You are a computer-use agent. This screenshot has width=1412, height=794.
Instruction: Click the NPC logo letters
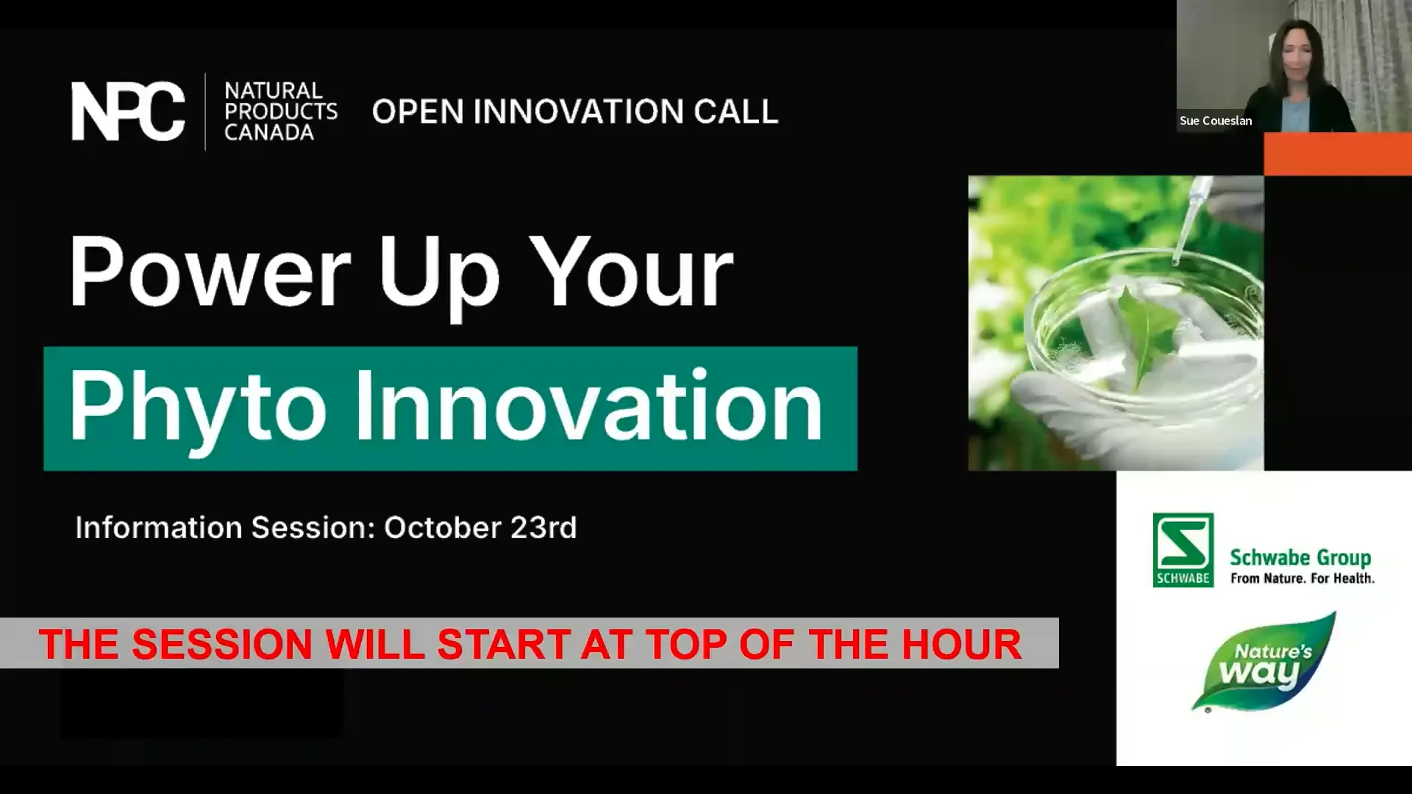click(x=128, y=111)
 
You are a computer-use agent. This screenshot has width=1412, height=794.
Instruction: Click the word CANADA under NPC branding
click(x=268, y=132)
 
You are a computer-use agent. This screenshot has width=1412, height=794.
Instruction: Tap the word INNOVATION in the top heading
click(x=578, y=112)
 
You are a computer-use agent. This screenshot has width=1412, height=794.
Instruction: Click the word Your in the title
click(x=631, y=272)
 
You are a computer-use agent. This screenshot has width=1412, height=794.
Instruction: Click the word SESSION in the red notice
click(x=222, y=644)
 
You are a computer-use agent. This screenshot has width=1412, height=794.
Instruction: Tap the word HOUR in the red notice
click(x=960, y=644)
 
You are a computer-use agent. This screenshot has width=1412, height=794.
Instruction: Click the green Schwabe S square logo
click(x=1183, y=549)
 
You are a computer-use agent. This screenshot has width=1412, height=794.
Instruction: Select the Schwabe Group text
click(x=1300, y=558)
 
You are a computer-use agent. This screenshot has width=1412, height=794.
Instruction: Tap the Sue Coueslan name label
click(x=1215, y=121)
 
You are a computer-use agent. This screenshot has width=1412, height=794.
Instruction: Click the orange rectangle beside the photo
click(x=1337, y=154)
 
